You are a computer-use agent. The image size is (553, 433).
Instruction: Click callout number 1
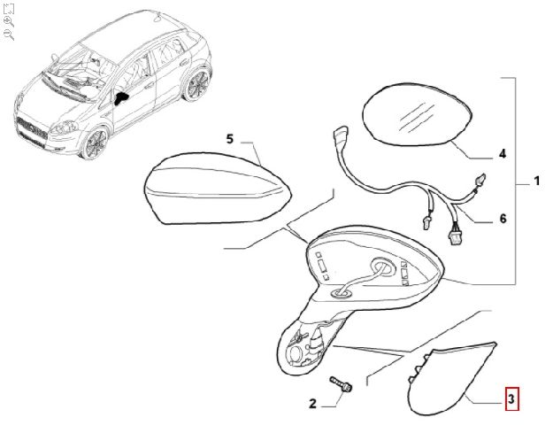[536, 182]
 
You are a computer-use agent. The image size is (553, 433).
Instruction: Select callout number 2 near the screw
[312, 404]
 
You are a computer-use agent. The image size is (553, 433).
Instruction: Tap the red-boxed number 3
[511, 399]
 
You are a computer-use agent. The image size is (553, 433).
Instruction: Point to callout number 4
[503, 154]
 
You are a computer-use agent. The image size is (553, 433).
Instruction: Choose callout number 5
[229, 139]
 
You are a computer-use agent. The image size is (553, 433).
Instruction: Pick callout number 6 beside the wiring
[503, 219]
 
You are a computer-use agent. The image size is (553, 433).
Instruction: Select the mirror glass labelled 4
[417, 113]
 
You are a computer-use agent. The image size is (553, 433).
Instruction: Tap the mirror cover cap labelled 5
[218, 188]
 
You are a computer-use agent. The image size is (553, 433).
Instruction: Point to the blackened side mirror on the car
[120, 98]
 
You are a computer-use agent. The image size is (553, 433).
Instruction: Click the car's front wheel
[95, 143]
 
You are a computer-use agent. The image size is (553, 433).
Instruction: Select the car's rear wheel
[196, 85]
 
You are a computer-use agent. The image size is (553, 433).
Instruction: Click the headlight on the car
[63, 128]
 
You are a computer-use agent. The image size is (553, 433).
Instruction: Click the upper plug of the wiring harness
[340, 135]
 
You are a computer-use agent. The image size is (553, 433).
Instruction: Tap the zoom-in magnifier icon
[9, 21]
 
